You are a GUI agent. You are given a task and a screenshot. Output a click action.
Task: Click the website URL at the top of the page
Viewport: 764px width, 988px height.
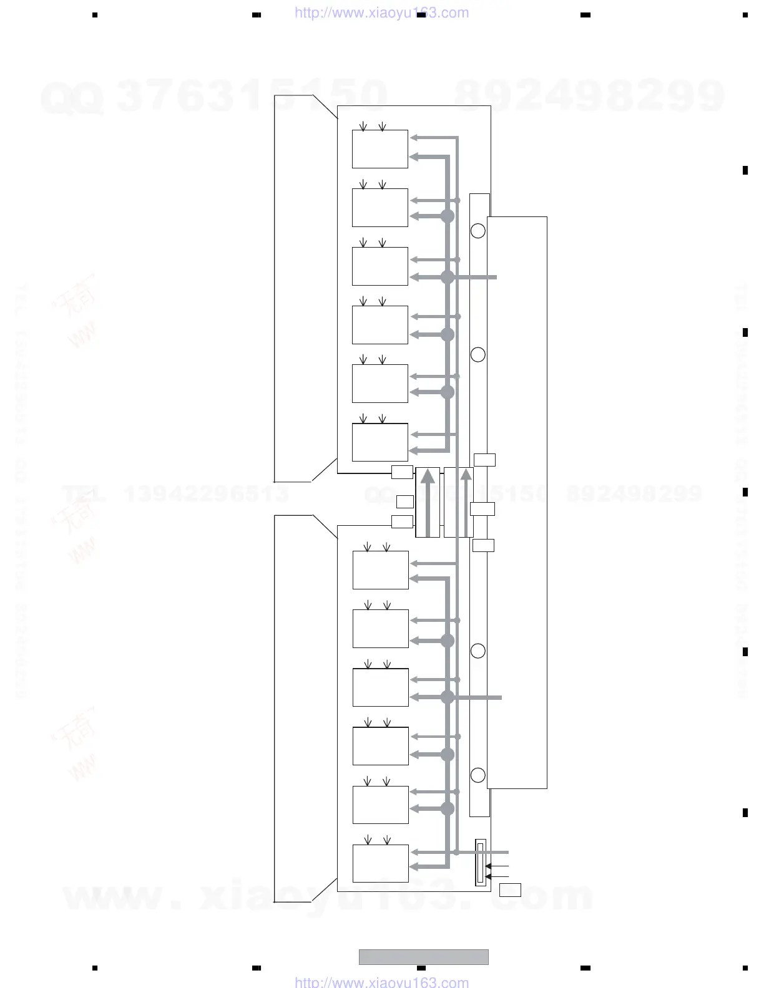click(x=381, y=13)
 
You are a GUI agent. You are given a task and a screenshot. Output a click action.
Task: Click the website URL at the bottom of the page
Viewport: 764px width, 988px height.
click(x=381, y=982)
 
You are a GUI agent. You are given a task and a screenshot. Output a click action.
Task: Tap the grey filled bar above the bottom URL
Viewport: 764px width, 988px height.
click(x=423, y=957)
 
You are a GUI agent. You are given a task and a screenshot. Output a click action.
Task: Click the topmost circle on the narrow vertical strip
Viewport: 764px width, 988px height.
click(x=477, y=231)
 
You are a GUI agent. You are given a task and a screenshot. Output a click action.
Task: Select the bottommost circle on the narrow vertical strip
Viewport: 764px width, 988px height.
click(x=477, y=775)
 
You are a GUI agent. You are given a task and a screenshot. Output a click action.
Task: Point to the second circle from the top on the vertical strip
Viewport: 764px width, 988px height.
click(x=477, y=355)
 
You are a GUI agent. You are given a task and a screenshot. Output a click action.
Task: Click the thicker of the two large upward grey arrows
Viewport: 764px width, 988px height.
click(x=428, y=502)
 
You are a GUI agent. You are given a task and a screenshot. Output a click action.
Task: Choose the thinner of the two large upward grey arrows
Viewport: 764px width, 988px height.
click(x=466, y=502)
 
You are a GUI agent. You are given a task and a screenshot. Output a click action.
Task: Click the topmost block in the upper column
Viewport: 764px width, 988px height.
click(x=380, y=149)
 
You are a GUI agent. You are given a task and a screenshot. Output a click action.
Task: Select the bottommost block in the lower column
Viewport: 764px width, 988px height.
click(x=380, y=863)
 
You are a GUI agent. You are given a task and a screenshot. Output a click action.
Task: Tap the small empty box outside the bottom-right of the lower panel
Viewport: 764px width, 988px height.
click(x=510, y=890)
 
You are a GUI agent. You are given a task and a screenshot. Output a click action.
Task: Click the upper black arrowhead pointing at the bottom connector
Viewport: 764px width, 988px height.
click(x=488, y=866)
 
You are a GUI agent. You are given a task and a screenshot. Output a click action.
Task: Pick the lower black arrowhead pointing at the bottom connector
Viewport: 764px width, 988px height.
click(x=488, y=877)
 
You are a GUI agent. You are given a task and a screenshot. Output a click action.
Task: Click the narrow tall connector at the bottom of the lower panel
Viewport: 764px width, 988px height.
click(x=480, y=863)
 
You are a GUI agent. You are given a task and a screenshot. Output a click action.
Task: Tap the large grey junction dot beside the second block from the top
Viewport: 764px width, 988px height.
click(x=448, y=216)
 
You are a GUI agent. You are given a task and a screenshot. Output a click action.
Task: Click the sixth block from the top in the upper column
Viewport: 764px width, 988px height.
click(x=380, y=442)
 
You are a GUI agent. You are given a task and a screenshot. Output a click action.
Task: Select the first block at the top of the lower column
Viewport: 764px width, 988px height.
click(x=380, y=570)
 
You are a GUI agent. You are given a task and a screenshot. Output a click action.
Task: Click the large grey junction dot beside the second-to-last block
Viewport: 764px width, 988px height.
click(x=448, y=809)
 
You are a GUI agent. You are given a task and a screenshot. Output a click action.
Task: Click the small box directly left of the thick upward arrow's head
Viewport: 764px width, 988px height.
click(x=402, y=472)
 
